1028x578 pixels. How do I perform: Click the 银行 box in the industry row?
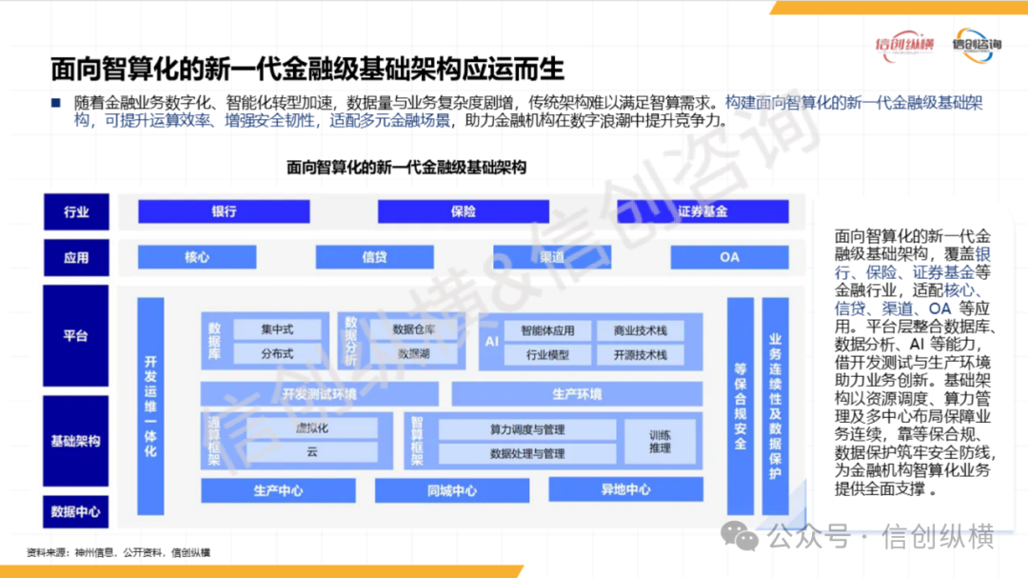point(224,211)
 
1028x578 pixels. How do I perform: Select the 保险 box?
point(464,211)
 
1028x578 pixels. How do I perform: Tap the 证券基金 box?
point(702,211)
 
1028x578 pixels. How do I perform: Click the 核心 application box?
point(197,257)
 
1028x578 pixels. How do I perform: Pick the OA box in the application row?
point(729,257)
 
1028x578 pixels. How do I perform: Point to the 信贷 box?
point(374,257)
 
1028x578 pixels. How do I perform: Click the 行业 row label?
point(76,211)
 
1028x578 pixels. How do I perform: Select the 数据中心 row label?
point(76,511)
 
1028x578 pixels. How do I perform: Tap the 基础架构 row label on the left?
point(76,441)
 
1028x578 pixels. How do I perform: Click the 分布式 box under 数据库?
point(277,354)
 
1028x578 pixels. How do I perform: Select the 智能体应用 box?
point(546,331)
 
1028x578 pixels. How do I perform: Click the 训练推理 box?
point(660,441)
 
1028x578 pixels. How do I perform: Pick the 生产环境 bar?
point(577,393)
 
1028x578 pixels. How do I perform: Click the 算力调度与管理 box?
point(527,429)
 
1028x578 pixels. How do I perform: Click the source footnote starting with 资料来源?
point(119,553)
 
